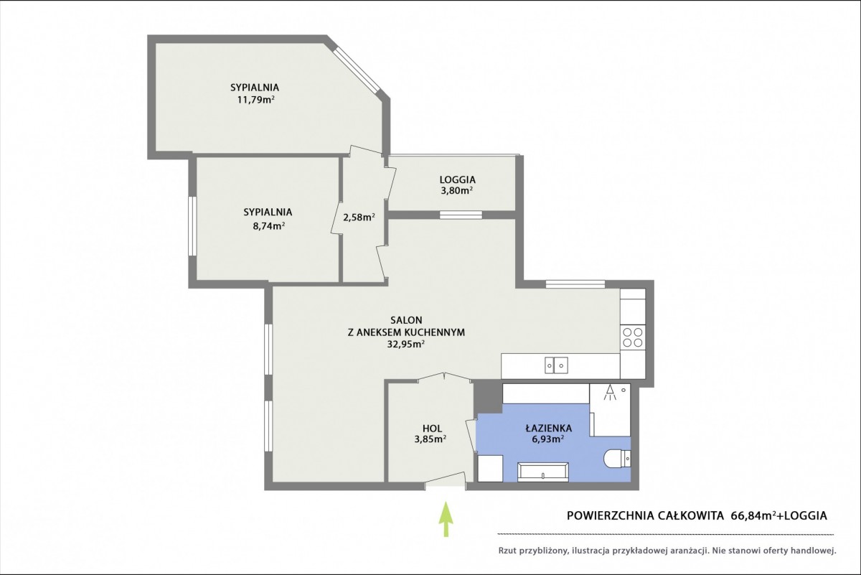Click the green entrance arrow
coord(446,519)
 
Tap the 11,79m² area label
coord(256,100)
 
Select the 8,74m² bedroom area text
coord(268,226)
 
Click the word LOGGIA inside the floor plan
coord(458,179)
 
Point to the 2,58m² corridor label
coord(359,218)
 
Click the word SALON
coord(406,320)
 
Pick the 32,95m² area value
coord(406,345)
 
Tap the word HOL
coord(432,428)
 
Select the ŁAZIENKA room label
coord(548,428)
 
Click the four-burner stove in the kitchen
coord(632,337)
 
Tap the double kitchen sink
coord(556,365)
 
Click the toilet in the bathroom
coord(617,459)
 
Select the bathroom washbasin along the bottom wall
coord(542,472)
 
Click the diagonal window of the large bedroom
coord(357,71)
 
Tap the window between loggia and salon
coord(461,215)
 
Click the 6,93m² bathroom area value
coord(547,439)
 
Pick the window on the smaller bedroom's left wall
coord(192,226)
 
